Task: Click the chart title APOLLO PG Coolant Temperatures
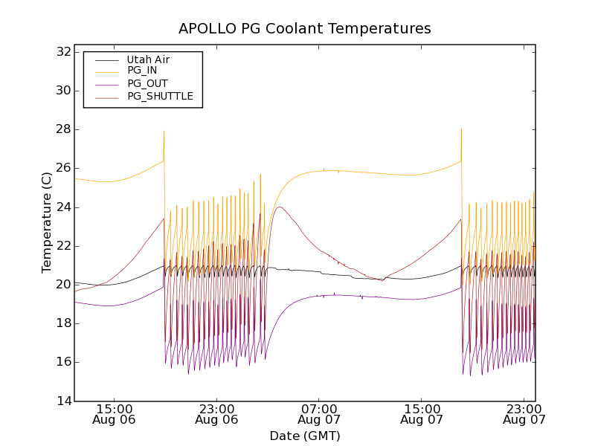[305, 29]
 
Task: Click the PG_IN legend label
[142, 71]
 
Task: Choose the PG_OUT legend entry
[147, 84]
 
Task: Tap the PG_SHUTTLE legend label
[160, 97]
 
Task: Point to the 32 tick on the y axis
[62, 52]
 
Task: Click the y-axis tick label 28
[62, 129]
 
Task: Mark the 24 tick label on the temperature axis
[62, 207]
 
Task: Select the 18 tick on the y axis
[62, 323]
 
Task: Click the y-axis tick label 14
[62, 401]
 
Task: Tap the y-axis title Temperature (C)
[47, 222]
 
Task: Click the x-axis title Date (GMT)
[305, 436]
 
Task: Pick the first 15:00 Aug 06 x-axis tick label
[115, 414]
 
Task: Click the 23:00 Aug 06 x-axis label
[217, 414]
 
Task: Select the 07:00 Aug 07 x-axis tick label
[320, 414]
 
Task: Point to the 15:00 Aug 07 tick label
[422, 414]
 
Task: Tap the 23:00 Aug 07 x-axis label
[524, 414]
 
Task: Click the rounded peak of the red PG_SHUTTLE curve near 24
[280, 207]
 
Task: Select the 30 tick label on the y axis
[62, 91]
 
